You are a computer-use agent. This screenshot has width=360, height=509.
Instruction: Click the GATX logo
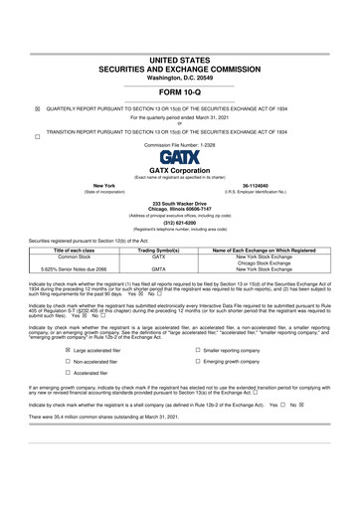(179, 158)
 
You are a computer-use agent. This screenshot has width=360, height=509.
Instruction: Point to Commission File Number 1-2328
(179, 144)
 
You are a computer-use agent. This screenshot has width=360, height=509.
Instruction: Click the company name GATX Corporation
(179, 170)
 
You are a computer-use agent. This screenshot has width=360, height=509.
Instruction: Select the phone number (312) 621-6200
(179, 222)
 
